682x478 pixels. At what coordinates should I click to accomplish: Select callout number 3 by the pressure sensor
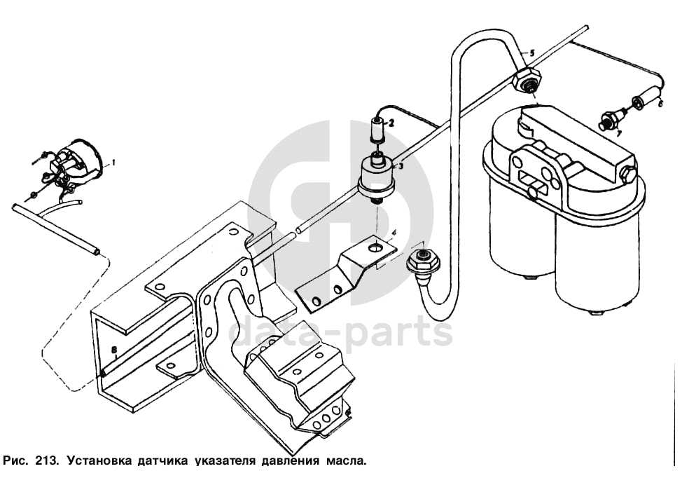coord(400,166)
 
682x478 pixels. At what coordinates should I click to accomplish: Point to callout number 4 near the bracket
coord(394,232)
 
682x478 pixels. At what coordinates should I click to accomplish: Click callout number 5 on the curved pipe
coord(531,53)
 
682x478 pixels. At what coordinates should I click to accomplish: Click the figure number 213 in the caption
coord(44,461)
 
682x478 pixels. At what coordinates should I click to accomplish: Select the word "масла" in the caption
coord(345,461)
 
